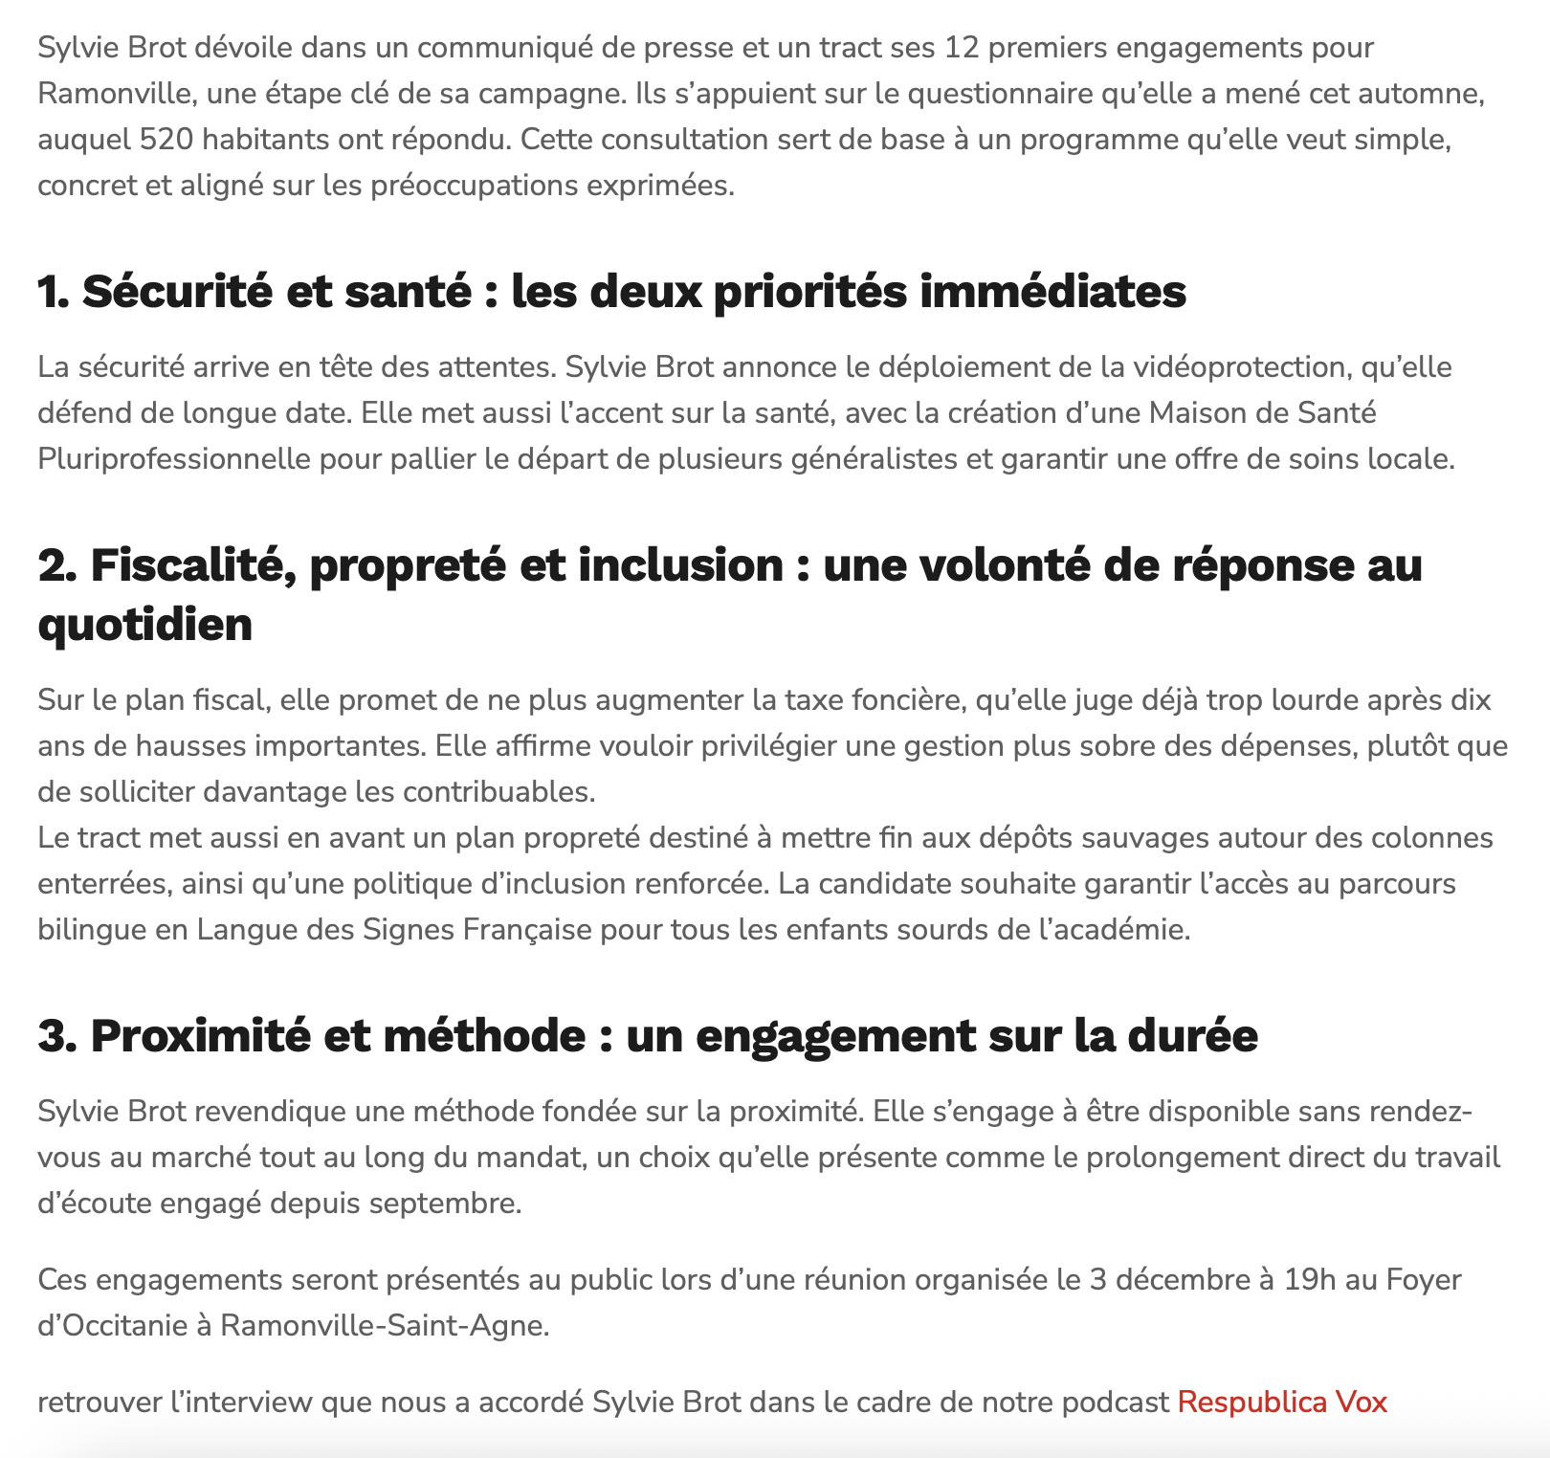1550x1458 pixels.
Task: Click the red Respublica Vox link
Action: pos(1282,1402)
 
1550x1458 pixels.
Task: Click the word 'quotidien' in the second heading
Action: pos(145,625)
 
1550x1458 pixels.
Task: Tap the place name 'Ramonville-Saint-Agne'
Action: pos(384,1326)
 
